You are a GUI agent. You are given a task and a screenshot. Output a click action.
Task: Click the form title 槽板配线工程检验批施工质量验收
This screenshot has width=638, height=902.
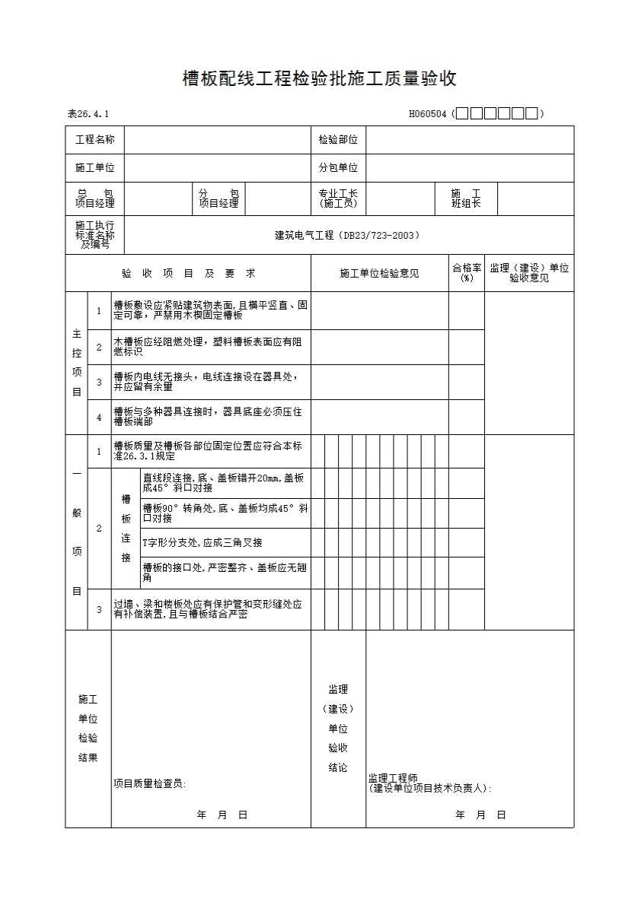tap(319, 78)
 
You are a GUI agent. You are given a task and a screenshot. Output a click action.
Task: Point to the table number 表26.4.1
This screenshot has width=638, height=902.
tap(88, 114)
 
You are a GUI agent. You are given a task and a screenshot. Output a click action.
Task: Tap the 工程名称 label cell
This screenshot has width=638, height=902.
tap(95, 140)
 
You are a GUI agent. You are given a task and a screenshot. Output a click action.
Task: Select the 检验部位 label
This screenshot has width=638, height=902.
tap(338, 140)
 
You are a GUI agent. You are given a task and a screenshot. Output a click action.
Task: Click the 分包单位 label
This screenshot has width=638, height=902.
tap(338, 168)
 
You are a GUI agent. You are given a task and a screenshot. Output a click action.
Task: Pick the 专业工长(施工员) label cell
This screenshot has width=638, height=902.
tap(338, 199)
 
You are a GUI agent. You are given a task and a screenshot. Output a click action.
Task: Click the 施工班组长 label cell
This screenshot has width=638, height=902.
tap(466, 199)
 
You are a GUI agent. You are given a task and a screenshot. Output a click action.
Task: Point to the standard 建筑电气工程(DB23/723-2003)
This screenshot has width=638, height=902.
tap(347, 236)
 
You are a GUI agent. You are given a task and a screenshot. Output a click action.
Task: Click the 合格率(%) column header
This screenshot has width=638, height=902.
tap(467, 273)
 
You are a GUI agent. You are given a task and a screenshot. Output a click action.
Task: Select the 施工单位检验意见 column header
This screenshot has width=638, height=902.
tap(379, 273)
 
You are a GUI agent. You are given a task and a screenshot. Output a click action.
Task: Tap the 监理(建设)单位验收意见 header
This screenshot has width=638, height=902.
tap(529, 273)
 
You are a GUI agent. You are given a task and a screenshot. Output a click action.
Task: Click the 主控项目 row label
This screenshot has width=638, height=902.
tap(76, 363)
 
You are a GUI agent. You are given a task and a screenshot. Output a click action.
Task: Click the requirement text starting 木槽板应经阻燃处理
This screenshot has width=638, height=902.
tap(206, 347)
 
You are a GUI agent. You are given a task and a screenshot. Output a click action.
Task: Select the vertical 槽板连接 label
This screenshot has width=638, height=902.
tap(126, 529)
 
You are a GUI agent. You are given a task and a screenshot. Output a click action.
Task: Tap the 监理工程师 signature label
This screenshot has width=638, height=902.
tap(393, 778)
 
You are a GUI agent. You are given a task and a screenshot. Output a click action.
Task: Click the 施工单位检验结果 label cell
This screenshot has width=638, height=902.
tap(88, 728)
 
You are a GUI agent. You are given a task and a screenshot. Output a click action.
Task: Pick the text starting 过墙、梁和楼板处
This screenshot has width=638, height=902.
tap(207, 609)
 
